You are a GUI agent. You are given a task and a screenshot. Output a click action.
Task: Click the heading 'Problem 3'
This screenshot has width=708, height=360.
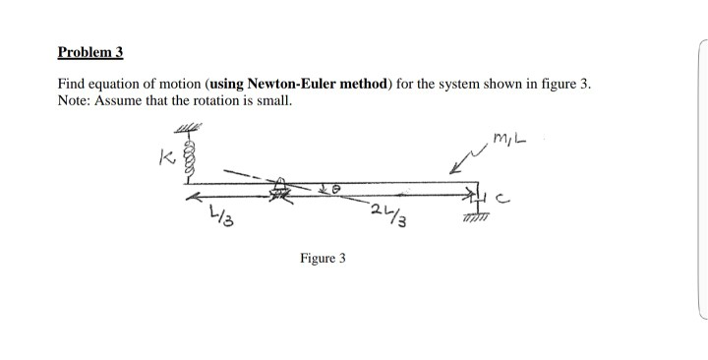pos(90,51)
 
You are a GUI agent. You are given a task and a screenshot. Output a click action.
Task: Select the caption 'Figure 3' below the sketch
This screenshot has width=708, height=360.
pos(323,259)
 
